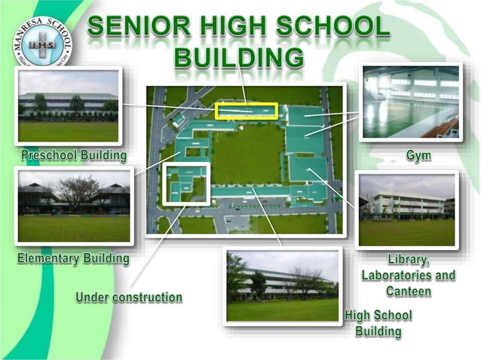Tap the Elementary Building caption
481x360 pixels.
(x=74, y=258)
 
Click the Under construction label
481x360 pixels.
(x=129, y=297)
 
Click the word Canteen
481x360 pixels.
(x=409, y=291)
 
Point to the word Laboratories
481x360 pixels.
(x=409, y=275)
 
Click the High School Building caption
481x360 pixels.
(x=379, y=323)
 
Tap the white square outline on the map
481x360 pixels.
(x=186, y=183)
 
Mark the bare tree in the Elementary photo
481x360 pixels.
(x=78, y=191)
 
